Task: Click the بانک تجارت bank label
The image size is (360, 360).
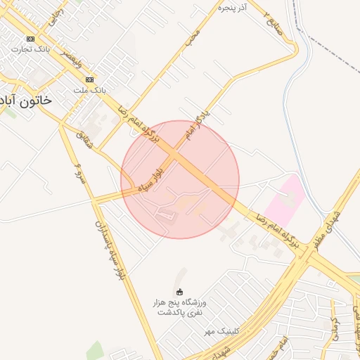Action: [x=30, y=50]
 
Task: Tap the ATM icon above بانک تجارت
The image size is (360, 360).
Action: [x=30, y=39]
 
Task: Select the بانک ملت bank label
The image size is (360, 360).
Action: [x=89, y=91]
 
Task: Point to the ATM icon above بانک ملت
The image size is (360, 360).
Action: [x=89, y=80]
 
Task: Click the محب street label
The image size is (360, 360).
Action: [x=193, y=39]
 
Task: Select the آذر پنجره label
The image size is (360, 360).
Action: [x=234, y=7]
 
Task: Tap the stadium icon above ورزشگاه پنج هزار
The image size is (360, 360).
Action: [x=179, y=292]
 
